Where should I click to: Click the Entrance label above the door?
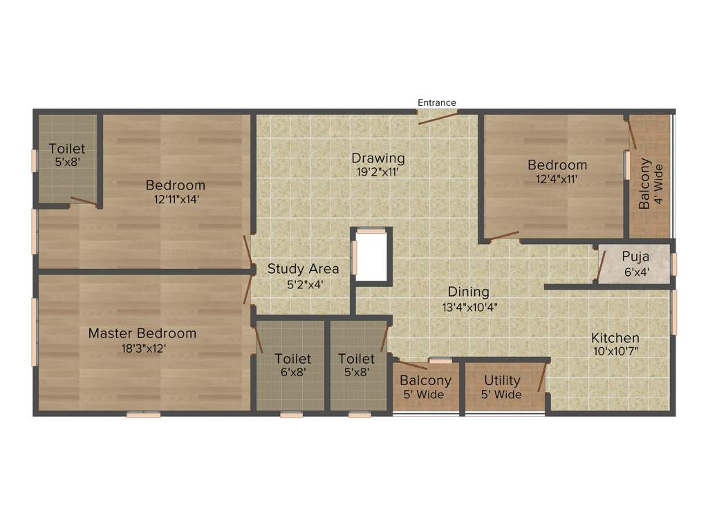[436, 102]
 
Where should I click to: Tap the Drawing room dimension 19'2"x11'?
[378, 171]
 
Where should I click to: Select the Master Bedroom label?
[142, 333]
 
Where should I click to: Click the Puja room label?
[635, 257]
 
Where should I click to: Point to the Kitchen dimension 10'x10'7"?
[615, 352]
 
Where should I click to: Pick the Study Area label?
[303, 269]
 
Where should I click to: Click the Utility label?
[502, 380]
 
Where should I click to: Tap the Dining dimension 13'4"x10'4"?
[468, 306]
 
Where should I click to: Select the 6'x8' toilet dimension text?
[292, 372]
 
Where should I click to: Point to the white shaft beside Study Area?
[372, 257]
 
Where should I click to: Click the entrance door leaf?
[438, 118]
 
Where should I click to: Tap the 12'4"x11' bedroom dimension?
[557, 178]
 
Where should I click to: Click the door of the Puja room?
[601, 266]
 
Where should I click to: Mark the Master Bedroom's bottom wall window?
[143, 415]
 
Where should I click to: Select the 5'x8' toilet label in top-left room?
[67, 162]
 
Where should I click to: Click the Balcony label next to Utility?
[425, 380]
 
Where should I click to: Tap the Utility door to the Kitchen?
[543, 378]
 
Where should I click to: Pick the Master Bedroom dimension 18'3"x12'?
[142, 348]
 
